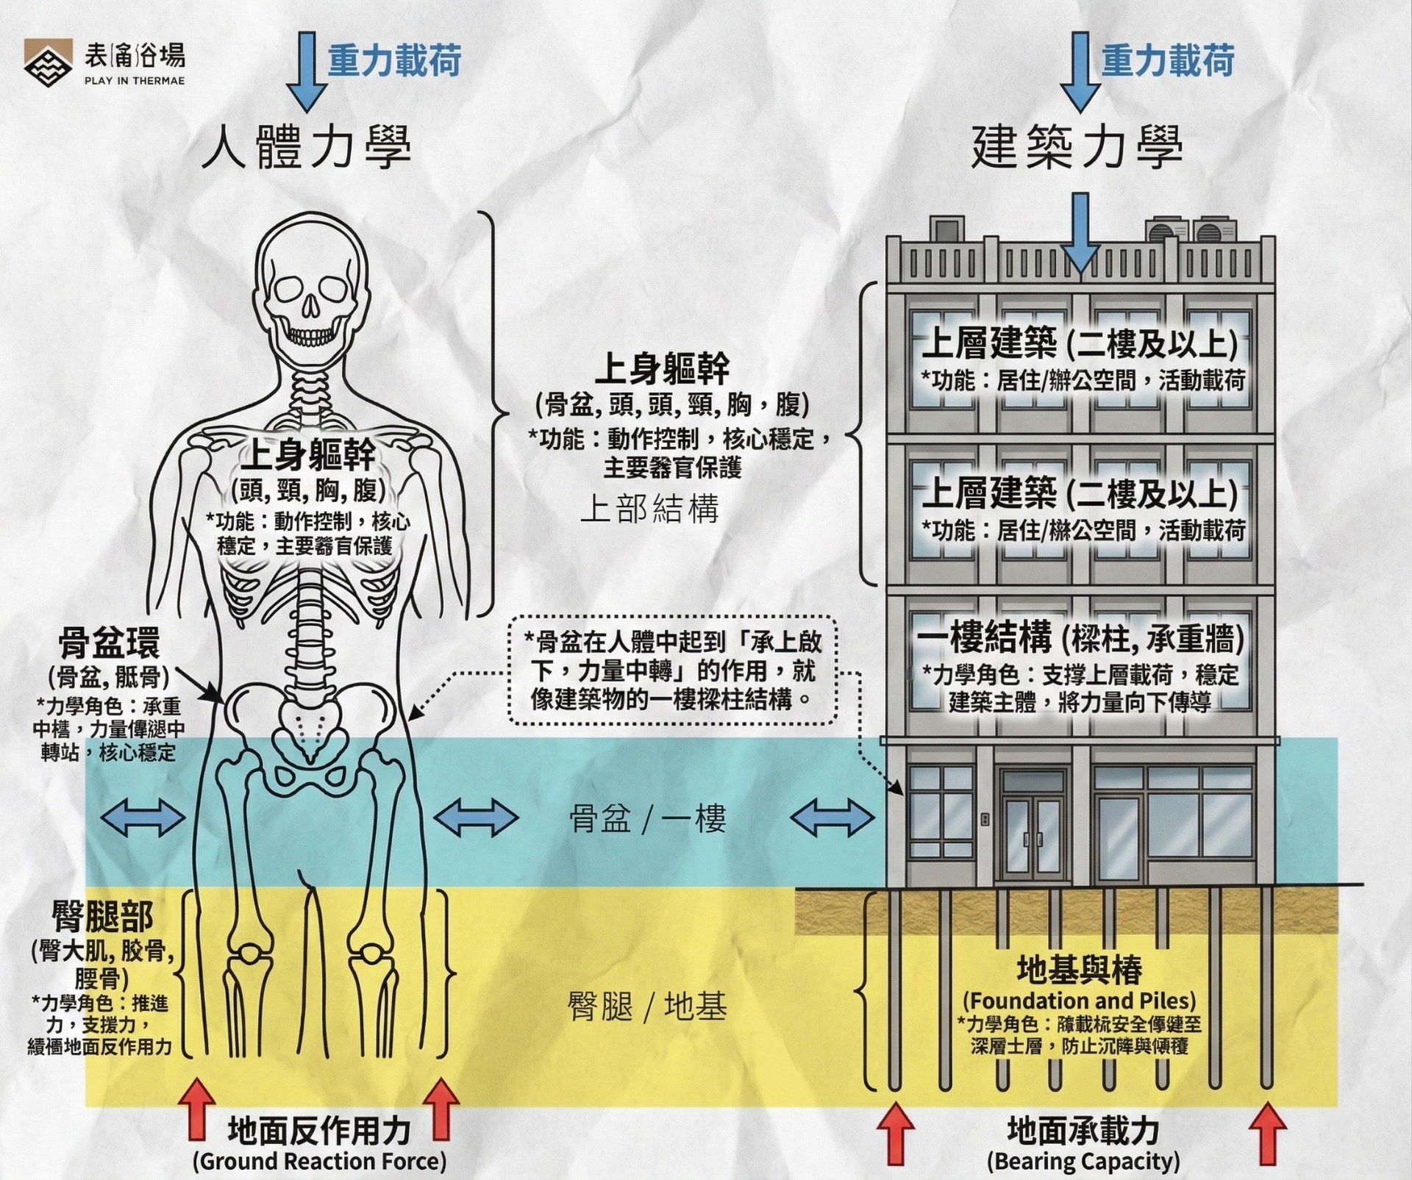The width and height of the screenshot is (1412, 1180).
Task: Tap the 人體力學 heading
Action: click(x=306, y=148)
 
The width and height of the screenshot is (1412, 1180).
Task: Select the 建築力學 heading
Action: click(x=1077, y=148)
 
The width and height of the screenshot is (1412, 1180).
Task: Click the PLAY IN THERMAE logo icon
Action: click(x=48, y=62)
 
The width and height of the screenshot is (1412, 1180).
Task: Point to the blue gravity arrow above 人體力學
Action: click(x=306, y=70)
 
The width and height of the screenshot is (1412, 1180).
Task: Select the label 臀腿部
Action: click(x=102, y=917)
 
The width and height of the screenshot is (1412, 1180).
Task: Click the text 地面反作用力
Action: click(x=319, y=1131)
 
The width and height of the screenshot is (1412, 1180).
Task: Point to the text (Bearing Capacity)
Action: click(x=1083, y=1161)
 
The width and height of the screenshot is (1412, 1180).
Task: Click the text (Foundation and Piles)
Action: click(x=1080, y=1001)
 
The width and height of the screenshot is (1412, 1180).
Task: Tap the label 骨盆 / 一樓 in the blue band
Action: click(x=647, y=818)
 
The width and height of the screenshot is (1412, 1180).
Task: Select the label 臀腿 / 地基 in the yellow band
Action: click(x=647, y=1006)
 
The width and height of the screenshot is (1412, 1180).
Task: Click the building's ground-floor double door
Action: click(x=1033, y=827)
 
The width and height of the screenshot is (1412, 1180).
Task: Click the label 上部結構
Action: click(x=649, y=509)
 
